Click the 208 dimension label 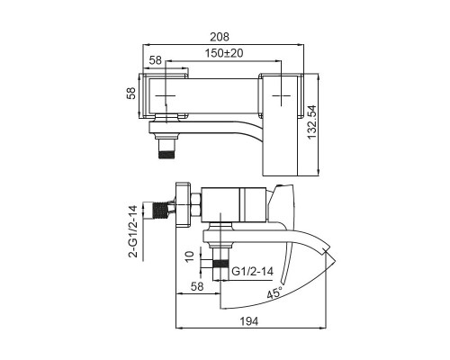tap(220, 37)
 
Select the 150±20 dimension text tap(224, 53)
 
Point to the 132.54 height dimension tap(312, 121)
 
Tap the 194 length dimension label tap(249, 321)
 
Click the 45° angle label tap(274, 292)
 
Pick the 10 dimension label tap(190, 256)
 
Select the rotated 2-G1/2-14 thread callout tap(133, 231)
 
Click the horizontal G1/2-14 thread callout tap(253, 272)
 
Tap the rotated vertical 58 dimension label tap(131, 93)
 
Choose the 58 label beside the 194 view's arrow tap(197, 286)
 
